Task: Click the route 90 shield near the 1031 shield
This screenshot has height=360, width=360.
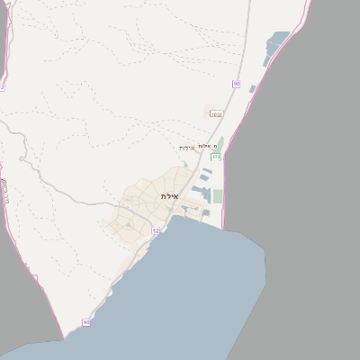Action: pos(236,84)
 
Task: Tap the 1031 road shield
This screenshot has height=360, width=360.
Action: pos(216,114)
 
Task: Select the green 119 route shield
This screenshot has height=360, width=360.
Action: pos(216,157)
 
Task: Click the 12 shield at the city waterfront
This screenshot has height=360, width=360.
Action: pos(155,231)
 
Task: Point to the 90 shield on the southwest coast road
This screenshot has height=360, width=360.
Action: pos(86,322)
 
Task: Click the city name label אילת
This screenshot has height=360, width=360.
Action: pos(170,196)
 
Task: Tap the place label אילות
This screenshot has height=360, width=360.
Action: pos(186,148)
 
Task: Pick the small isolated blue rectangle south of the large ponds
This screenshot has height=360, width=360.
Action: pos(253,89)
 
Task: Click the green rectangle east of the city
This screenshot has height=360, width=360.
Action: pos(218,195)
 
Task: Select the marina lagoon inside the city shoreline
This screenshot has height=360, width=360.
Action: pos(190,212)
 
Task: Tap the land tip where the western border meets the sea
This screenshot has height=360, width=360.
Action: pos(64,337)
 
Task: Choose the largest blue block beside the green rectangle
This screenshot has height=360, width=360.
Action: pos(205,193)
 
